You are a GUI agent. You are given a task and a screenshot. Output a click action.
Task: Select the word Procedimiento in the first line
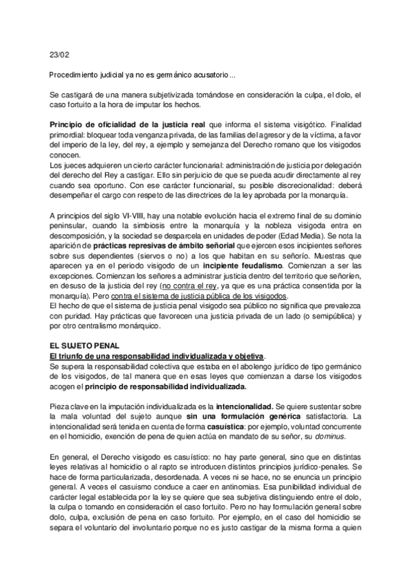point(76,75)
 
